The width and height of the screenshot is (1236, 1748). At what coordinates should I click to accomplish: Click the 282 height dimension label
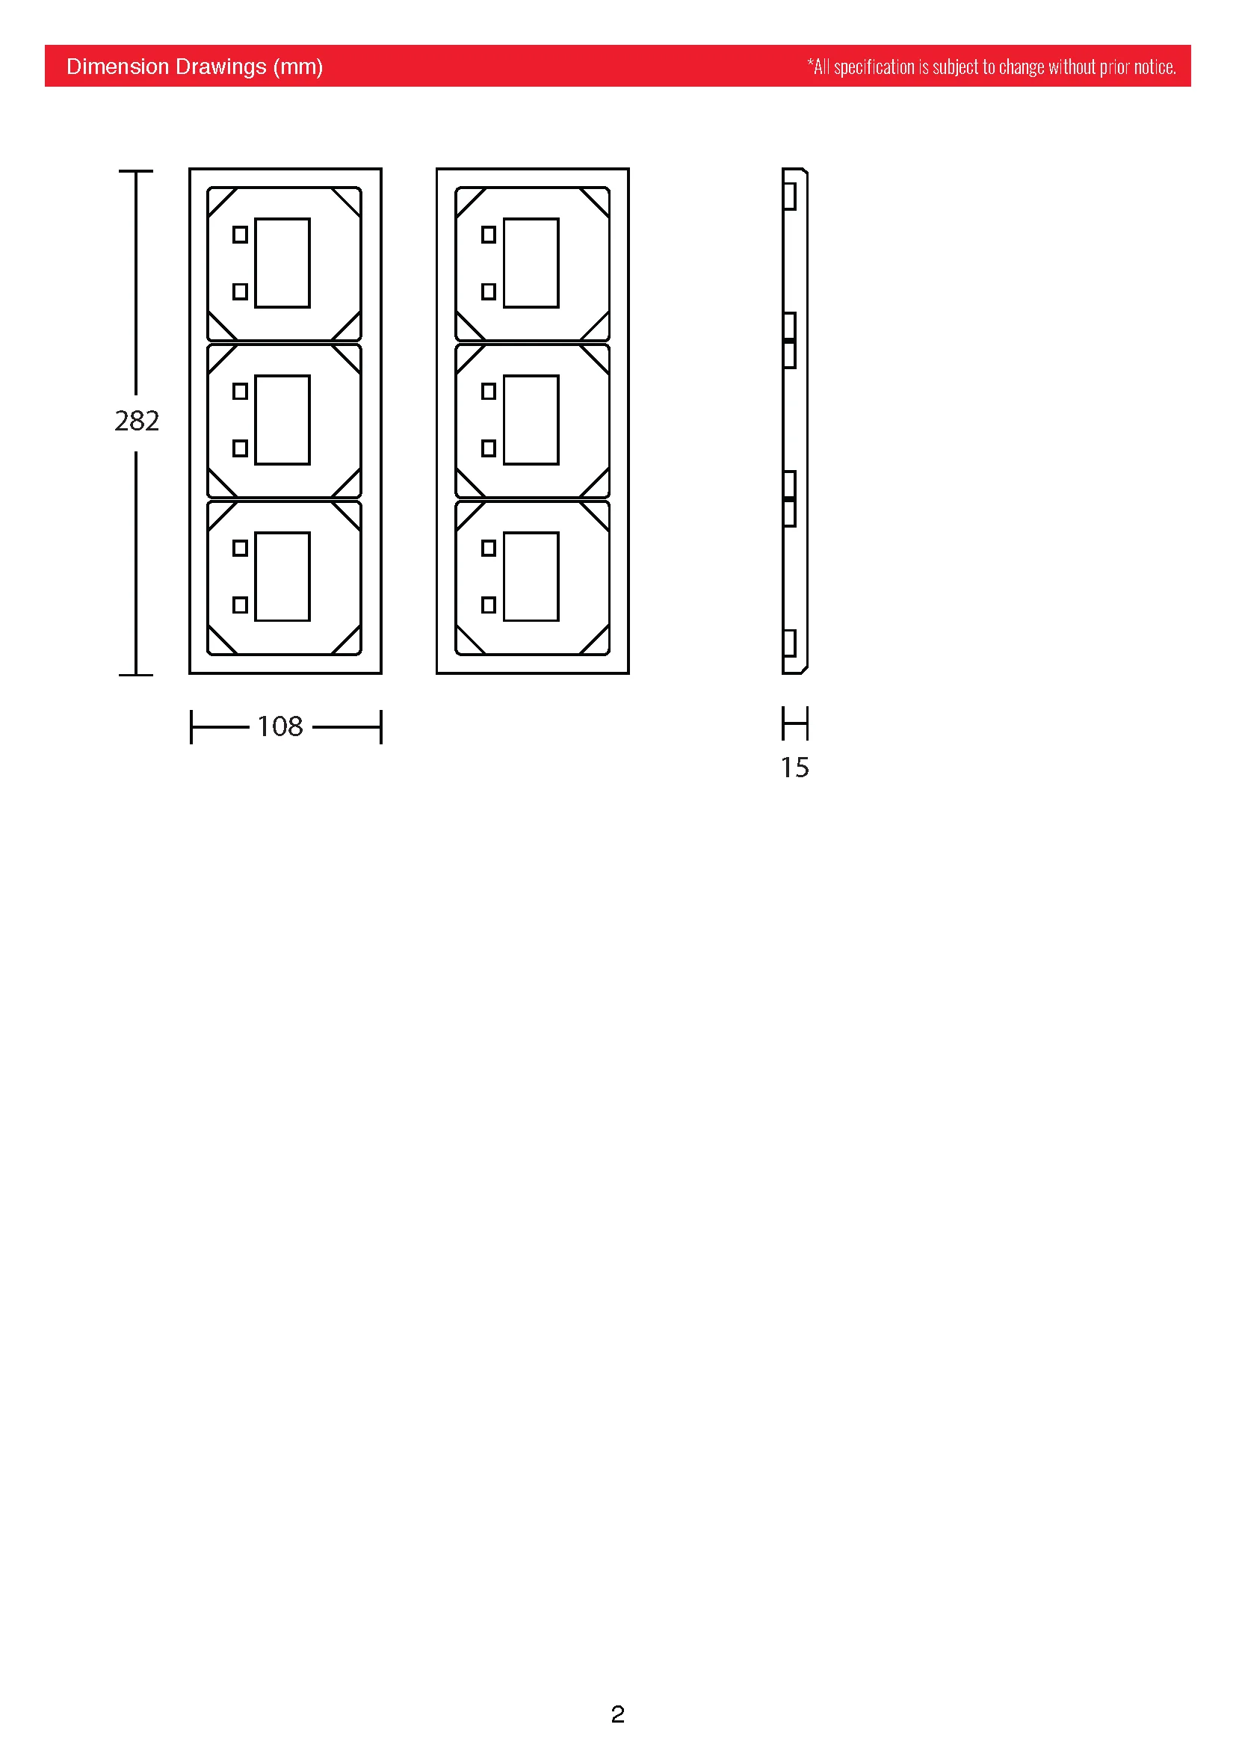tap(137, 421)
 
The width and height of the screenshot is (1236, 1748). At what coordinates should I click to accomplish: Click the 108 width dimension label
tap(280, 726)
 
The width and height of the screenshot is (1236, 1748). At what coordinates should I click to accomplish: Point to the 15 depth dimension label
tap(794, 768)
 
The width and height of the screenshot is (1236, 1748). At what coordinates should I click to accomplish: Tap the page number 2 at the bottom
tap(617, 1714)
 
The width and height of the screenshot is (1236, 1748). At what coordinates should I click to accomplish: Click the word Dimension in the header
tap(114, 67)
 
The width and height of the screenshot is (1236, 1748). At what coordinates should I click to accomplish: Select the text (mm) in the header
tap(298, 67)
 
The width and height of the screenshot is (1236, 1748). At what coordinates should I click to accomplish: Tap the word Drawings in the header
tap(217, 68)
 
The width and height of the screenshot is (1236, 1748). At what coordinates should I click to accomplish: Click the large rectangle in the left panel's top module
tap(282, 263)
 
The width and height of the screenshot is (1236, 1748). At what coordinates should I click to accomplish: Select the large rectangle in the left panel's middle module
tap(282, 420)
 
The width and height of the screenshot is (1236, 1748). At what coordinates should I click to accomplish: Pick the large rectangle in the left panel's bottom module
tap(282, 577)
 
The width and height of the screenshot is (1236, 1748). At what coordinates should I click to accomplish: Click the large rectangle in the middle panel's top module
tap(531, 263)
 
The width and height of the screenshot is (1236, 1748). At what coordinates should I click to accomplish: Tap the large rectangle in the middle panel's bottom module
tap(531, 577)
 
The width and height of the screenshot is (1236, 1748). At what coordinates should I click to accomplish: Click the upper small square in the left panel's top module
tap(240, 235)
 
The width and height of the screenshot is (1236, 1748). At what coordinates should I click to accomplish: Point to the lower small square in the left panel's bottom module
tap(240, 605)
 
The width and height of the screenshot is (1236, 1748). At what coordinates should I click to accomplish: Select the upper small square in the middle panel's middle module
tap(489, 392)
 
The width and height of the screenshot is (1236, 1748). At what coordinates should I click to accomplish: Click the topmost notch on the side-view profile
tap(789, 197)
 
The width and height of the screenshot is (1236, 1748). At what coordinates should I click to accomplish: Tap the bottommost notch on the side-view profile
tap(789, 643)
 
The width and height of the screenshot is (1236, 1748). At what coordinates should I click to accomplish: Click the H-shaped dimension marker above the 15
tap(795, 723)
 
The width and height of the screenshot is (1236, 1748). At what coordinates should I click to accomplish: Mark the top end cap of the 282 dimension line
tap(136, 171)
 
